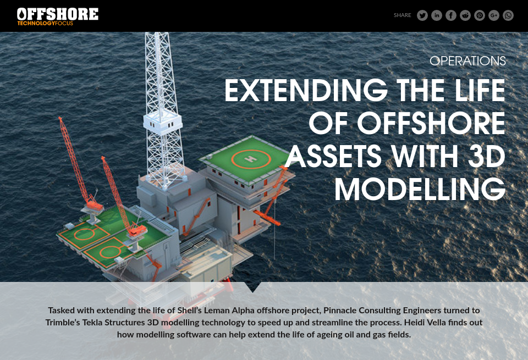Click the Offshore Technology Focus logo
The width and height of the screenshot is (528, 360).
tap(58, 16)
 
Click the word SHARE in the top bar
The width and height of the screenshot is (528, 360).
tap(402, 15)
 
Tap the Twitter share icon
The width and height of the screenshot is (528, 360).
tap(422, 15)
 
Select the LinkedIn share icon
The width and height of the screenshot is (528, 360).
tap(437, 15)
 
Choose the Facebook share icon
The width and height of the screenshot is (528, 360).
tap(451, 15)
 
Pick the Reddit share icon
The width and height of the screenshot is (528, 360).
tap(465, 15)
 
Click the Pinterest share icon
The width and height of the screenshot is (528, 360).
tap(480, 15)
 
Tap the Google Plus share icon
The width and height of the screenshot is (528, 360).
tap(494, 15)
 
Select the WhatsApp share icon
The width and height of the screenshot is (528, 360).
tap(508, 15)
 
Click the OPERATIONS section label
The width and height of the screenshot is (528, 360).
tap(468, 61)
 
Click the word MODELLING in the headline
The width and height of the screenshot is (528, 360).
tap(420, 190)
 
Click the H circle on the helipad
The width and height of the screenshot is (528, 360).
tap(252, 159)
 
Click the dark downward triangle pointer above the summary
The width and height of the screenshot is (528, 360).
tap(253, 287)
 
